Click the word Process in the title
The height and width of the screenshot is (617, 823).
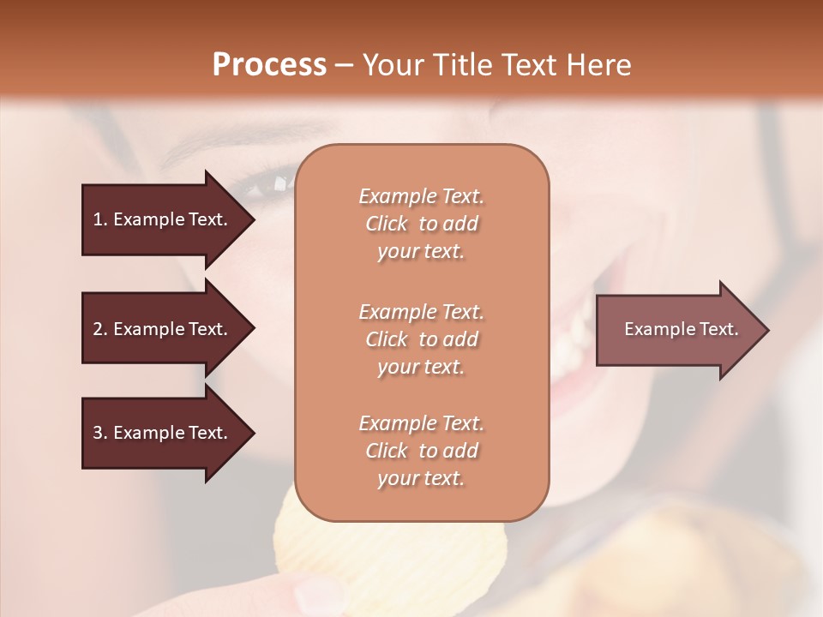coord(269,65)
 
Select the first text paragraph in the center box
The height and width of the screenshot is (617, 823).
coord(421,224)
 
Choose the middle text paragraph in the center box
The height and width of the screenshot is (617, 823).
coord(421,338)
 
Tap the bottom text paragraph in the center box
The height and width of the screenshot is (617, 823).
coord(421,451)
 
